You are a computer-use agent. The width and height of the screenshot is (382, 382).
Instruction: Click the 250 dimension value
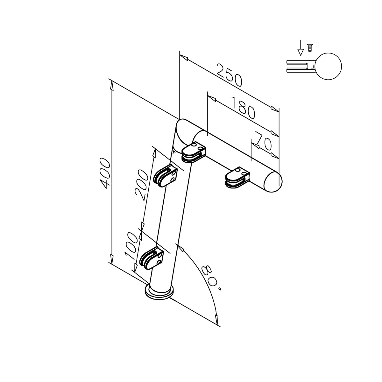230,75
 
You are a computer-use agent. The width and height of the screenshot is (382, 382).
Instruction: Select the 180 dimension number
242,107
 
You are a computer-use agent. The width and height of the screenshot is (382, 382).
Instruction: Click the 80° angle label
211,278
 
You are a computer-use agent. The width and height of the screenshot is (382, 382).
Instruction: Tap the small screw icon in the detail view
309,48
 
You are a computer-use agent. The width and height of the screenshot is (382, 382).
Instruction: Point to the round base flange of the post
159,293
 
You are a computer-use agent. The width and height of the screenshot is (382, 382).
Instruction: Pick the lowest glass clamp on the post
152,259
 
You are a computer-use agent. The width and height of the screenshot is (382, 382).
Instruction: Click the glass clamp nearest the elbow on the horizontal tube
194,152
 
